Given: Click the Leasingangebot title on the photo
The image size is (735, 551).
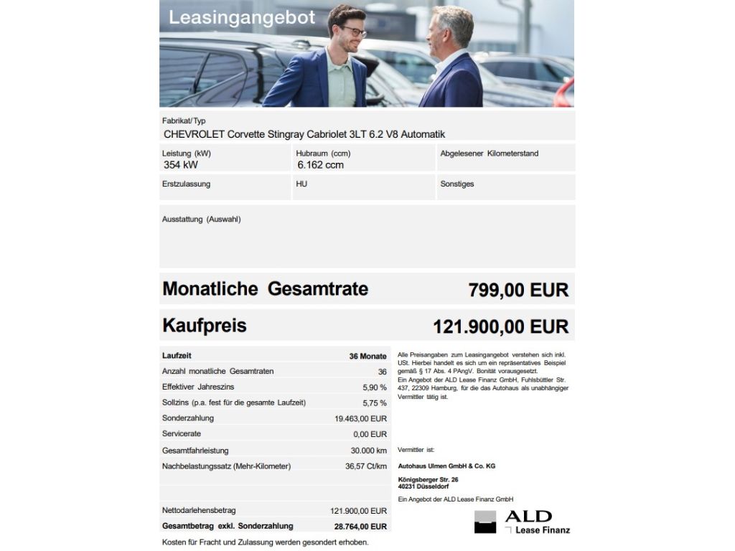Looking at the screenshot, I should (x=242, y=18).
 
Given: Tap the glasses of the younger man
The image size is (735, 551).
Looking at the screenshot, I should (x=352, y=32).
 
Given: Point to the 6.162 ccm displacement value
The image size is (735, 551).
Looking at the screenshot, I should (x=320, y=165).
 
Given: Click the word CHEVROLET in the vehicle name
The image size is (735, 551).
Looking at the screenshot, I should (x=194, y=134).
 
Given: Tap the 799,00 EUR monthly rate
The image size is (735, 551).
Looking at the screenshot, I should (x=518, y=290).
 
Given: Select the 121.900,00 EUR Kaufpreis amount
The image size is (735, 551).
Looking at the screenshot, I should (x=500, y=326).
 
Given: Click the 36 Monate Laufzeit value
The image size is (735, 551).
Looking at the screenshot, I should (x=367, y=356).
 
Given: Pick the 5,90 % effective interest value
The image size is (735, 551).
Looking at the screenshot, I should (x=375, y=387).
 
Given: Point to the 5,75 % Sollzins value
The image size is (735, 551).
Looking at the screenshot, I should (x=375, y=403).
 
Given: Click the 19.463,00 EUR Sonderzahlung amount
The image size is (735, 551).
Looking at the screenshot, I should (x=360, y=418).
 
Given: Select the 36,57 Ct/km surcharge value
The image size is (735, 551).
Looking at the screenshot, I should (x=365, y=466).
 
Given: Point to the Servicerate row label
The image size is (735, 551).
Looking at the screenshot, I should (x=182, y=434).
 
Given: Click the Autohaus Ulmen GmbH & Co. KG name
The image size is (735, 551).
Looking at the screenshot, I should (x=446, y=466).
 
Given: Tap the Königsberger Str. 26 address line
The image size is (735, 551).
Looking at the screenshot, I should (x=428, y=479).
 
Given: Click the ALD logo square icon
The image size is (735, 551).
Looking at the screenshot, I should (x=485, y=522).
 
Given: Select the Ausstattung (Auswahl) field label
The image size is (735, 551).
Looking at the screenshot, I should (x=201, y=220).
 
